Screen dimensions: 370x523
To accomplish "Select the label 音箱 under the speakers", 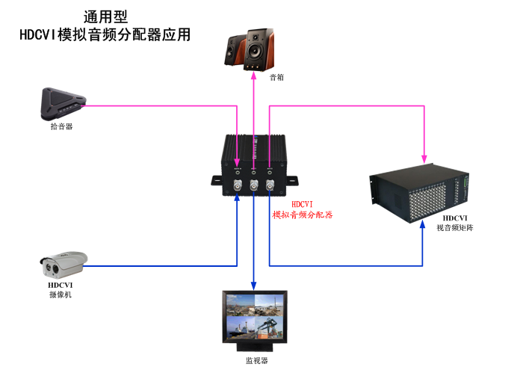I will (x=256, y=77).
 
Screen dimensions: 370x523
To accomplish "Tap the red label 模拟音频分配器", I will (x=302, y=215).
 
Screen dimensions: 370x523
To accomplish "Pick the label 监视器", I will (x=256, y=360).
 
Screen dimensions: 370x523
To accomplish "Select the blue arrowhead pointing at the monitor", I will (x=253, y=286).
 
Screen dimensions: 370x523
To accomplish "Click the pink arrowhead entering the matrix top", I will (x=424, y=158).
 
